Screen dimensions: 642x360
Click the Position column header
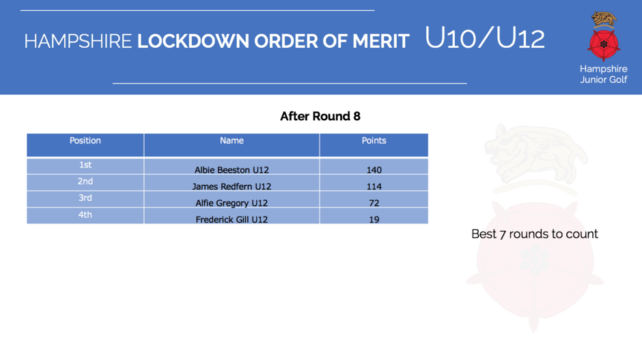pyautogui.click(x=85, y=141)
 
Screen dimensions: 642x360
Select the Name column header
pyautogui.click(x=232, y=141)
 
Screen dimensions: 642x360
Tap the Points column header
pyautogui.click(x=374, y=141)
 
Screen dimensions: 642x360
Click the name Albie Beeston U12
pyautogui.click(x=232, y=169)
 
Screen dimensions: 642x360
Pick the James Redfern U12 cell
pyautogui.click(x=232, y=186)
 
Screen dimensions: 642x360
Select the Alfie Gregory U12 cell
pyautogui.click(x=232, y=203)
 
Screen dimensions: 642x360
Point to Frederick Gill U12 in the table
pyautogui.click(x=232, y=219)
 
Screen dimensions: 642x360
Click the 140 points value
pyautogui.click(x=374, y=169)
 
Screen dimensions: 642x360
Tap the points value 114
pyautogui.click(x=374, y=186)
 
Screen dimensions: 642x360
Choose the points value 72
pyautogui.click(x=374, y=203)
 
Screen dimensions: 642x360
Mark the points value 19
pyautogui.click(x=374, y=219)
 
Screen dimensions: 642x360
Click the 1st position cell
pyautogui.click(x=85, y=165)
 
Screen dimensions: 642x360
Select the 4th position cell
pyautogui.click(x=85, y=214)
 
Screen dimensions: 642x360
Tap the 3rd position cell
pyautogui.click(x=85, y=198)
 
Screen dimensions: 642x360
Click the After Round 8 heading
pyautogui.click(x=320, y=116)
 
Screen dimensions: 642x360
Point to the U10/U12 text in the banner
pyautogui.click(x=485, y=38)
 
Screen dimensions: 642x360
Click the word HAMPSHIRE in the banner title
pyautogui.click(x=78, y=42)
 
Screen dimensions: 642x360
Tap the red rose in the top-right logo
pyautogui.click(x=604, y=44)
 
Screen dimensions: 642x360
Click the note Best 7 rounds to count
pyautogui.click(x=535, y=234)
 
